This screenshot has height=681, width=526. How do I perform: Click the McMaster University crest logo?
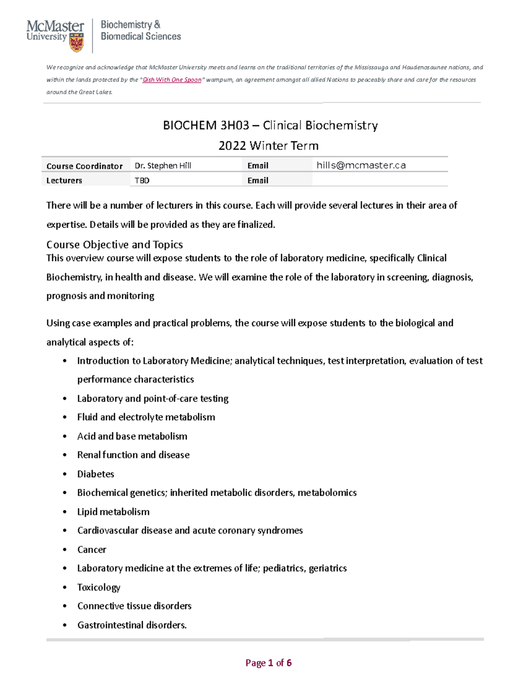[x=77, y=43]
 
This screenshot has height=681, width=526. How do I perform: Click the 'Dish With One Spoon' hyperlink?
[x=172, y=80]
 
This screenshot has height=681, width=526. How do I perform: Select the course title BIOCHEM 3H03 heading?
[x=270, y=125]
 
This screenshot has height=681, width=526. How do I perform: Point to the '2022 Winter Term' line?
[x=268, y=146]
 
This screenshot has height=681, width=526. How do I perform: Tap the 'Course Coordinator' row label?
[x=84, y=166]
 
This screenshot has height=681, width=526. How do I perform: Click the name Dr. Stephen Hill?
[x=163, y=166]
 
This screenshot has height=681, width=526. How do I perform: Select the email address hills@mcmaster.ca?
[x=361, y=165]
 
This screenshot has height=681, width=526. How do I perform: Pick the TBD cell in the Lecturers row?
[x=142, y=180]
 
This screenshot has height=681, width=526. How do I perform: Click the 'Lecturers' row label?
[x=64, y=180]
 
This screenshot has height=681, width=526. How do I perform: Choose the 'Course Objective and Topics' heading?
[x=114, y=244]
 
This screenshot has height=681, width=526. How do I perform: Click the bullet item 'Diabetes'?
[x=96, y=474]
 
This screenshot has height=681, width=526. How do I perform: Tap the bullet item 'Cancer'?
[x=92, y=549]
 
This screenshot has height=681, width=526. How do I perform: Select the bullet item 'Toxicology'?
[x=99, y=587]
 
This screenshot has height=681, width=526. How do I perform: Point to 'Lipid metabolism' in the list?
[x=113, y=512]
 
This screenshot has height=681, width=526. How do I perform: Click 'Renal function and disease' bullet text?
[x=133, y=455]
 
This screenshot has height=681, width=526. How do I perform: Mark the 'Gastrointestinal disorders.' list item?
[x=132, y=625]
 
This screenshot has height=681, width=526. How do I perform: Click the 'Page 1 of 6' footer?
[x=268, y=663]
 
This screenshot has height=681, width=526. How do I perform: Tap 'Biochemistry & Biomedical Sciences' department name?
[x=141, y=31]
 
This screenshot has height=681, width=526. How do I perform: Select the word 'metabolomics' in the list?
[x=327, y=492]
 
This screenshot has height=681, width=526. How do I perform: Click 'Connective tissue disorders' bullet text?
[x=134, y=606]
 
